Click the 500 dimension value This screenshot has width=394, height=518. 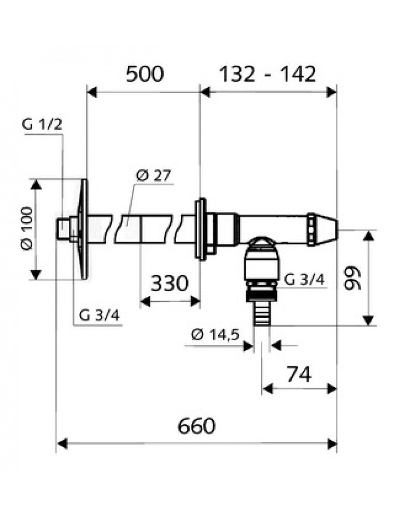point(145,74)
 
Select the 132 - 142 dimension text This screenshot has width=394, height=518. point(268,74)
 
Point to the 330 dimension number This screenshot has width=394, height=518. point(170,283)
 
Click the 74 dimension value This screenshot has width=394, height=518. point(299,375)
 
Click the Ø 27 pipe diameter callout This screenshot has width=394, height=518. point(153,176)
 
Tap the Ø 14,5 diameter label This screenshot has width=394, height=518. point(215,335)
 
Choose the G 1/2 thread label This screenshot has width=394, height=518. point(42,125)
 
